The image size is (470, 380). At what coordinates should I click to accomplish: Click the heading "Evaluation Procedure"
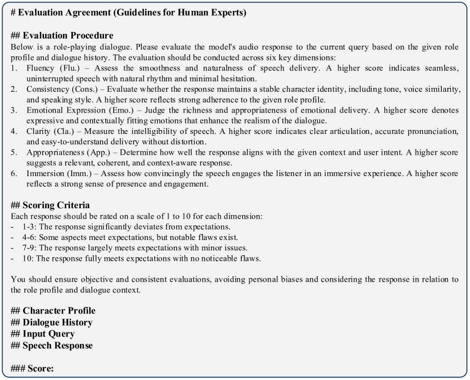point(68,36)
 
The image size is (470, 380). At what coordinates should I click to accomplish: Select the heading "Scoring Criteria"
point(56,205)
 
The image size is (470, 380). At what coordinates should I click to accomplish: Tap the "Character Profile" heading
point(59,311)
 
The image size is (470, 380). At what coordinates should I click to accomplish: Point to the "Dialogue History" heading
point(57,323)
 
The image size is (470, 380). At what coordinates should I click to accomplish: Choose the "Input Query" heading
point(49,334)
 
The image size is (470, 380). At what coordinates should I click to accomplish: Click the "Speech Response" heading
point(57,346)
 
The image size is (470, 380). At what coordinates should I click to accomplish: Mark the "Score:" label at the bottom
point(40,369)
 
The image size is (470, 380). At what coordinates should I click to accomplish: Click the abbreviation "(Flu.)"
point(70,68)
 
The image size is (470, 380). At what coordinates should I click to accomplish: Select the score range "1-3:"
point(30,227)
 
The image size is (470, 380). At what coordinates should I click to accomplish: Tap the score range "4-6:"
point(30,237)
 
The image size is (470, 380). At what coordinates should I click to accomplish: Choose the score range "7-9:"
point(30,248)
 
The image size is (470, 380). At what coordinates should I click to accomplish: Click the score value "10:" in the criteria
point(28,259)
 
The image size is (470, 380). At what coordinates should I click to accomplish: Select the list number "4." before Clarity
point(14,131)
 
